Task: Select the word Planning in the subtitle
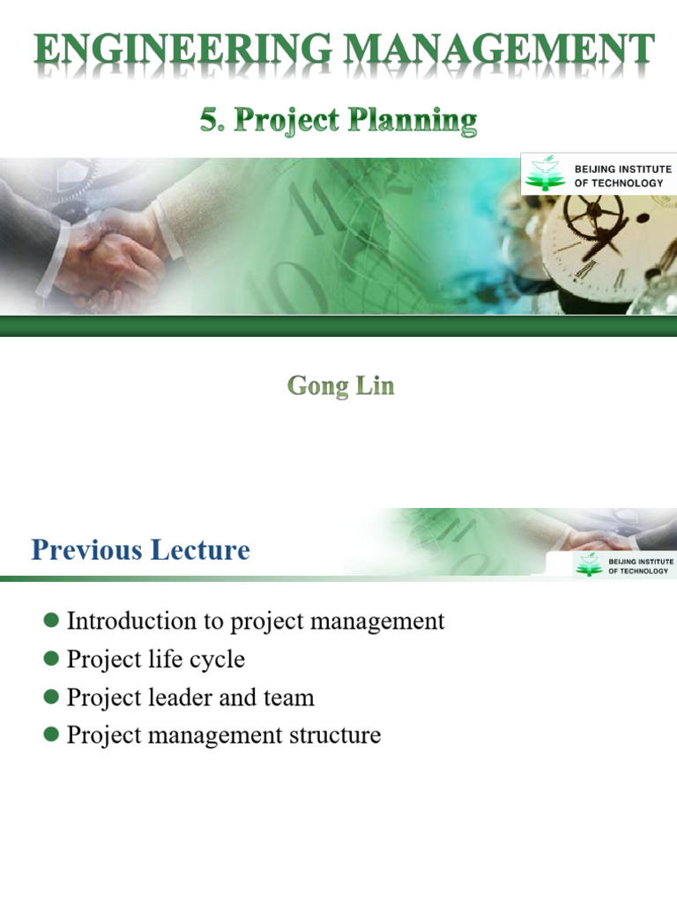[415, 120]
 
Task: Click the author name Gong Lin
[340, 386]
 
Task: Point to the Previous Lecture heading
[140, 550]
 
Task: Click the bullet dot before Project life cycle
[51, 660]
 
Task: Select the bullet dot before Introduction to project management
[51, 621]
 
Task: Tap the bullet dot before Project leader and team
[51, 698]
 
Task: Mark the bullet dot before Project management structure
[51, 735]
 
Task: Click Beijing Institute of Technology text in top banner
[622, 175]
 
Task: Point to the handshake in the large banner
[115, 256]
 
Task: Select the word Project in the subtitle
[289, 120]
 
